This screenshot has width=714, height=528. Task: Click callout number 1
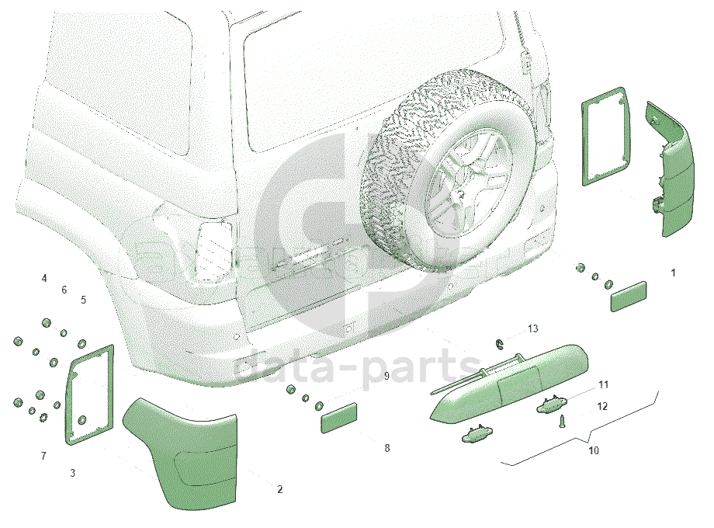click(673, 273)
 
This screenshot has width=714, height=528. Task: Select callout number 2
click(279, 489)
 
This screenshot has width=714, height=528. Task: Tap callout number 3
click(72, 474)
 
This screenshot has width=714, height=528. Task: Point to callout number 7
click(43, 456)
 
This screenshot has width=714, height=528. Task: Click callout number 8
click(387, 448)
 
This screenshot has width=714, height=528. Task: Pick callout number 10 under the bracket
click(594, 450)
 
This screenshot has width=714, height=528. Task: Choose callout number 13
click(532, 328)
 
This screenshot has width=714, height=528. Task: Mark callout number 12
click(602, 406)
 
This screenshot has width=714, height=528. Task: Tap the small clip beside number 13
click(500, 345)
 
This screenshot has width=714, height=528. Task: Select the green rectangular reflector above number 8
click(339, 418)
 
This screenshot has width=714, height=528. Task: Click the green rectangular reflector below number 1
click(629, 297)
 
